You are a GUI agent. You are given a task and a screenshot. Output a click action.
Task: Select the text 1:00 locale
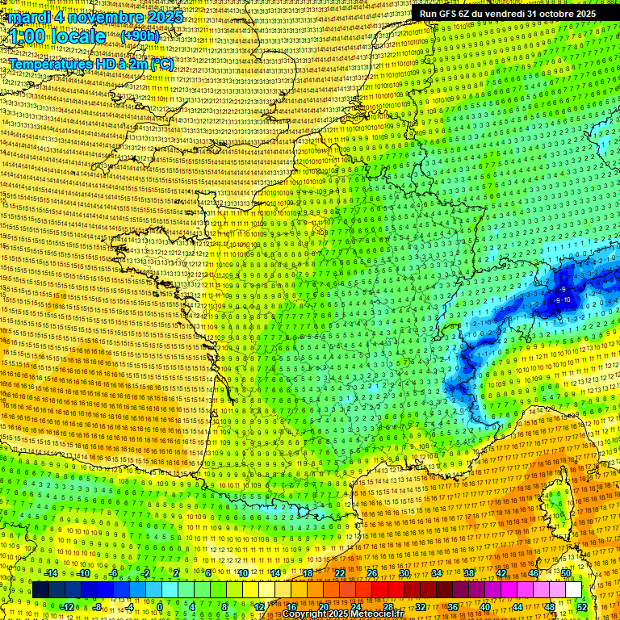pyautogui.click(x=57, y=36)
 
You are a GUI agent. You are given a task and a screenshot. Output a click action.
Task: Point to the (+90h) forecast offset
pyautogui.click(x=140, y=36)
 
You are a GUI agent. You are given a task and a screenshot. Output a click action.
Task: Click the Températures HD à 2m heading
pyautogui.click(x=90, y=64)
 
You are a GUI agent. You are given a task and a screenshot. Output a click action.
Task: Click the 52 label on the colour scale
pyautogui.click(x=582, y=607)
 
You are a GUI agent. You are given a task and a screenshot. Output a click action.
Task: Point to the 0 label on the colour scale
pyautogui.click(x=159, y=607)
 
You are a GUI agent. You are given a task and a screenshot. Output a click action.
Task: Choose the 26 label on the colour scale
pyautogui.click(x=372, y=574)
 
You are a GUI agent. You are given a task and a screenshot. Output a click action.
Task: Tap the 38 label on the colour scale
pyautogui.click(x=469, y=574)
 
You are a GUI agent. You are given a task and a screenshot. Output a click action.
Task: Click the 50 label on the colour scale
pyautogui.click(x=566, y=574)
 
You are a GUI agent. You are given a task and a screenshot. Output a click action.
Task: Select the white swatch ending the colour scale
pyautogui.click(x=573, y=590)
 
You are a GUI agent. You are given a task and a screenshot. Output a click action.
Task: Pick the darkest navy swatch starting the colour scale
pyautogui.click(x=40, y=590)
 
